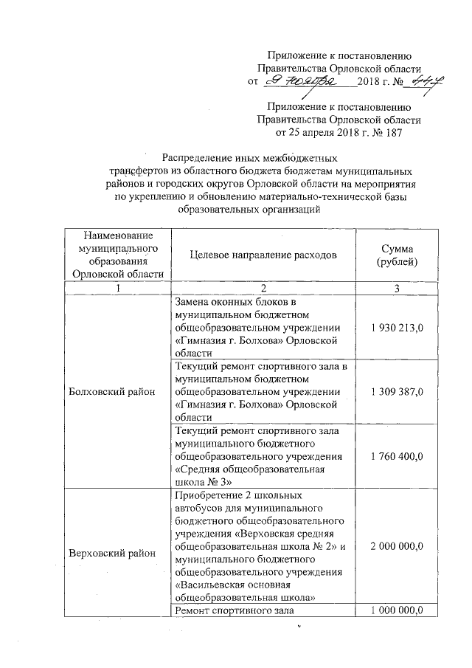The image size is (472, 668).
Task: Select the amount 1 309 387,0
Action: point(397,391)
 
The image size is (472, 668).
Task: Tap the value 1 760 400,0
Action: point(397,457)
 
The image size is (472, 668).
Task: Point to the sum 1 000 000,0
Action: point(397,610)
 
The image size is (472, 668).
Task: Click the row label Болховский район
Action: point(113,391)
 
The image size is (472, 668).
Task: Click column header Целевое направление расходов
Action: point(263,255)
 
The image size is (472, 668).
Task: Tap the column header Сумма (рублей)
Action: point(397,255)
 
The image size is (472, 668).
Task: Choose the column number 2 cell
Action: point(263,288)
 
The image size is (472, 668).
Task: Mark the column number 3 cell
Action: point(397,288)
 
